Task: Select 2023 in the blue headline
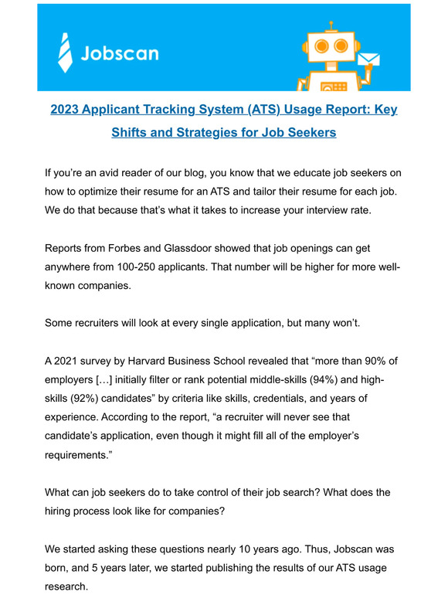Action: coord(67,109)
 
